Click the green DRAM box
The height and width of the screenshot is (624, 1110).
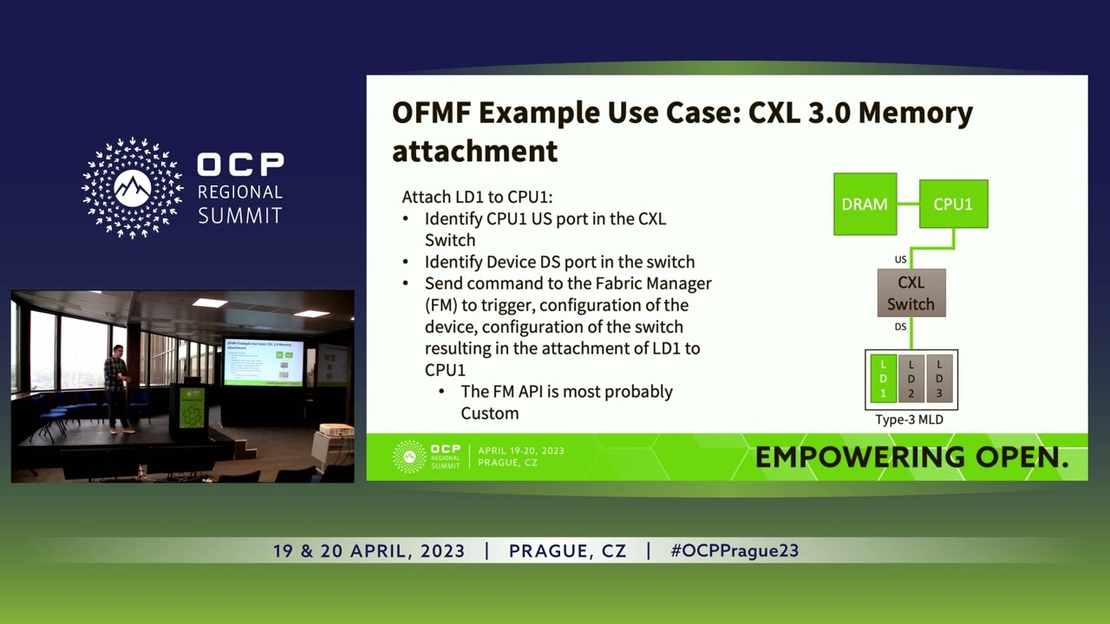(x=865, y=205)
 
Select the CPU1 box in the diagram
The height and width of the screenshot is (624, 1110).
(x=953, y=205)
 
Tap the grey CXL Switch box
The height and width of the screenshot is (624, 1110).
(x=911, y=293)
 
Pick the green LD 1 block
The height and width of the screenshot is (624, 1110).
(x=883, y=379)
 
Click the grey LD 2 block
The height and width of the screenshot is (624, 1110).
(x=911, y=379)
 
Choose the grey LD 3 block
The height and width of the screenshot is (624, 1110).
(x=939, y=379)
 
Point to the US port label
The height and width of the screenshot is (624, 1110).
(x=900, y=259)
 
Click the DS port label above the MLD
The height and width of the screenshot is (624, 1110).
(x=900, y=327)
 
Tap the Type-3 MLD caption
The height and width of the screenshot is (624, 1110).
(x=909, y=419)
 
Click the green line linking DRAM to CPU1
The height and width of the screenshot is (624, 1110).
(x=908, y=205)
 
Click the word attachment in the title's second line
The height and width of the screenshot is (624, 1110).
(x=474, y=151)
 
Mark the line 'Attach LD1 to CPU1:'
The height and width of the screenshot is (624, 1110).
(x=477, y=197)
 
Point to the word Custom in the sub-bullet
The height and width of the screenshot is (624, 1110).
(x=489, y=413)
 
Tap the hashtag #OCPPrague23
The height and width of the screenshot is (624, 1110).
(x=735, y=551)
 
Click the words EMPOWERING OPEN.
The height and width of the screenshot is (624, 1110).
(x=911, y=458)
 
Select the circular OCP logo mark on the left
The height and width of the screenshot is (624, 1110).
(x=133, y=188)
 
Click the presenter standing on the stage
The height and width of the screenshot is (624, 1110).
(x=116, y=388)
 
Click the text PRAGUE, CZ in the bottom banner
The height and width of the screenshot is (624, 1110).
(x=567, y=551)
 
